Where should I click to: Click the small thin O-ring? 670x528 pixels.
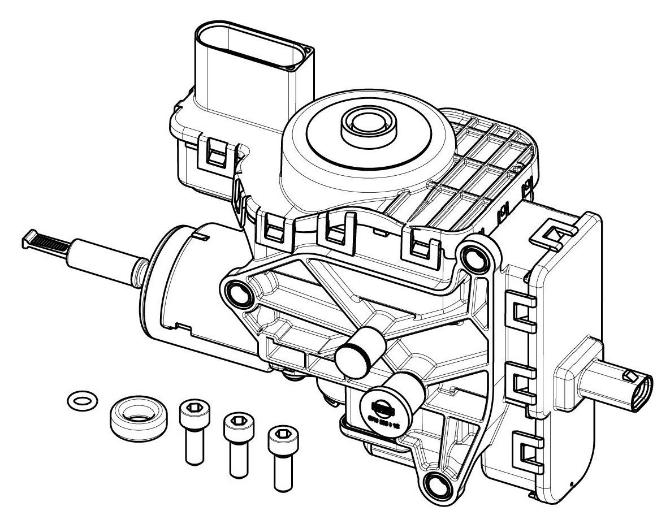click(80, 401)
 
